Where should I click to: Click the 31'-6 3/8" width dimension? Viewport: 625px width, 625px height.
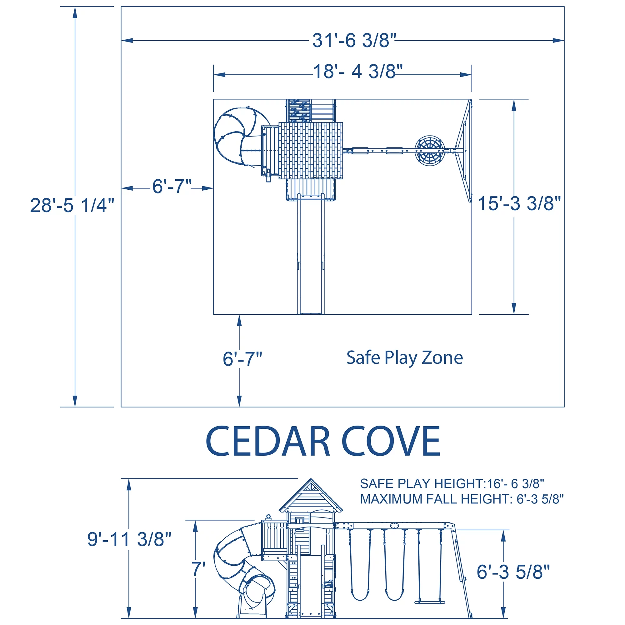pyautogui.click(x=354, y=41)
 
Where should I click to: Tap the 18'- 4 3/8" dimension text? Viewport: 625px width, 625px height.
pyautogui.click(x=358, y=72)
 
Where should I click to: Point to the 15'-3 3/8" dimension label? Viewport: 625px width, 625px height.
pyautogui.click(x=519, y=203)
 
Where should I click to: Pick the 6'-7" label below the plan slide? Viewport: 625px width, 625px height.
pyautogui.click(x=242, y=359)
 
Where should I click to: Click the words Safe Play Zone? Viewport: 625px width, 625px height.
pyautogui.click(x=404, y=358)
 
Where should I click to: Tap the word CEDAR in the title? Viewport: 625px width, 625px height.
pyautogui.click(x=267, y=442)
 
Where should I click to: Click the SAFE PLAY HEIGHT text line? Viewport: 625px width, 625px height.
pyautogui.click(x=452, y=484)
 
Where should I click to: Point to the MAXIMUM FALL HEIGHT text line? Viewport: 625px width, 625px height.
pyautogui.click(x=462, y=499)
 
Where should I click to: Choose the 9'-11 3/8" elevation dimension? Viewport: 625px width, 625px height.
pyautogui.click(x=129, y=539)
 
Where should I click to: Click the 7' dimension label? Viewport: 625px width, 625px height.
pyautogui.click(x=198, y=569)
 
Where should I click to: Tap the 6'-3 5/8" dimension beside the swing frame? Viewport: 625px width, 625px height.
pyautogui.click(x=513, y=572)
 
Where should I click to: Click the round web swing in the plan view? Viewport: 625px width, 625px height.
pyautogui.click(x=430, y=150)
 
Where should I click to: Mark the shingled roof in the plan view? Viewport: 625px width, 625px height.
pyautogui.click(x=311, y=150)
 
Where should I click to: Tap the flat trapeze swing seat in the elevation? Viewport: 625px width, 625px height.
pyautogui.click(x=430, y=602)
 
